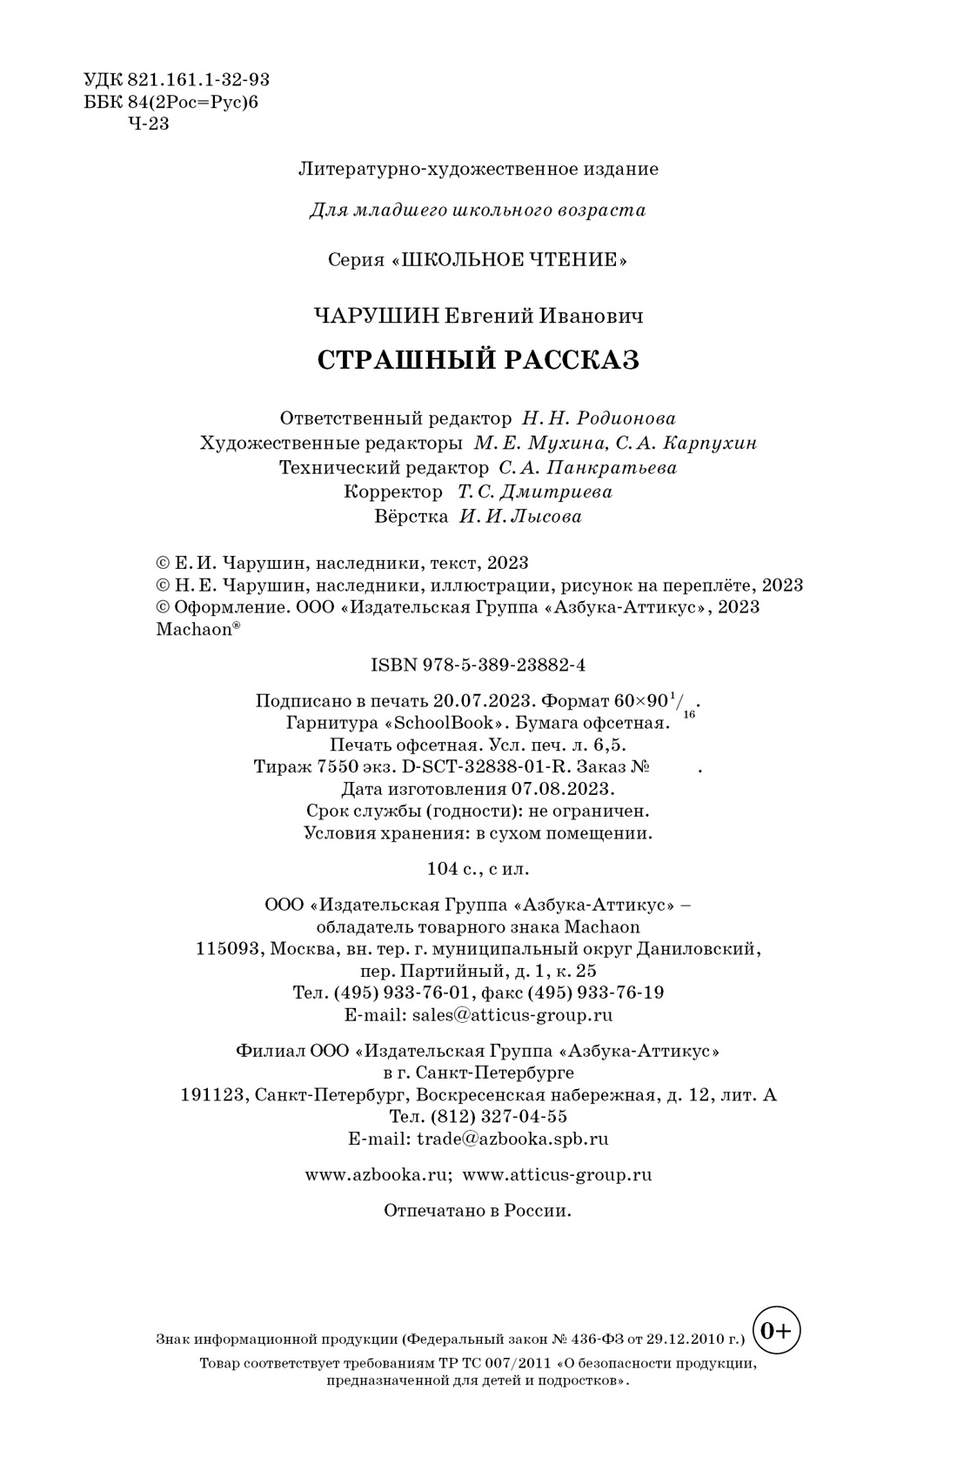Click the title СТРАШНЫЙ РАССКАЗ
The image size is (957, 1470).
(x=478, y=360)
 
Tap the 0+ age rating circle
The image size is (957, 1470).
(x=776, y=1330)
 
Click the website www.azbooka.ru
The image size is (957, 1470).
(x=377, y=1174)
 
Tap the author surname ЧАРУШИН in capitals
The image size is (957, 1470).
(x=378, y=316)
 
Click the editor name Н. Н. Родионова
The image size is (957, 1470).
(x=599, y=418)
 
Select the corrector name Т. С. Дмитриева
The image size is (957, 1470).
(x=535, y=492)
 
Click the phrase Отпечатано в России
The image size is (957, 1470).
(x=478, y=1211)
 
